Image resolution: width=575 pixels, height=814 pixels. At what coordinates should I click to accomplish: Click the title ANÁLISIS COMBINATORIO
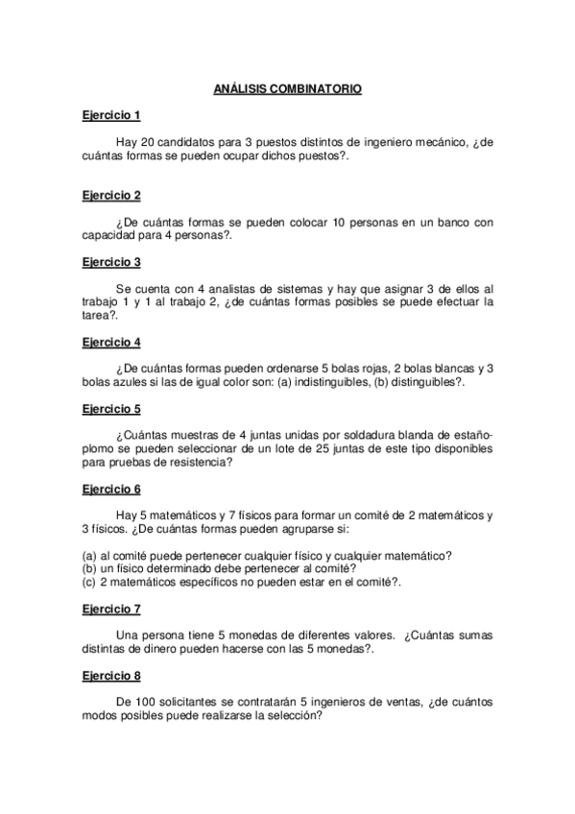[287, 88]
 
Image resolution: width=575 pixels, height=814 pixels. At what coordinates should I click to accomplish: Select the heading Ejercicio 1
[111, 116]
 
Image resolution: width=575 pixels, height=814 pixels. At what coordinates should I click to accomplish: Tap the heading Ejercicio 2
[111, 196]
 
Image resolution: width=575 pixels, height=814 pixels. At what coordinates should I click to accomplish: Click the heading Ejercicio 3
[111, 262]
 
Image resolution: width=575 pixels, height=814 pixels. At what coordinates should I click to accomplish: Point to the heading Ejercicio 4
[111, 342]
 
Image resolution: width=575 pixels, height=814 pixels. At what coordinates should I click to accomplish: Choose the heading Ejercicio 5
[111, 408]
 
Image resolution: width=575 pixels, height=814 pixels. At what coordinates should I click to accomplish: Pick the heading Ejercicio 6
[111, 489]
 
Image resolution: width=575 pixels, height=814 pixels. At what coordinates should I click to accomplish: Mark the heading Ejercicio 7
[111, 609]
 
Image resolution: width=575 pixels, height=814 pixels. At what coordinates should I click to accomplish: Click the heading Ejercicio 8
[111, 675]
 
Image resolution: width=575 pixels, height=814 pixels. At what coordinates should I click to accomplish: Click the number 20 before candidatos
[147, 143]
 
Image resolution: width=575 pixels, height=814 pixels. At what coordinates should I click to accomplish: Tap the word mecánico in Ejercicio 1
[437, 143]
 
